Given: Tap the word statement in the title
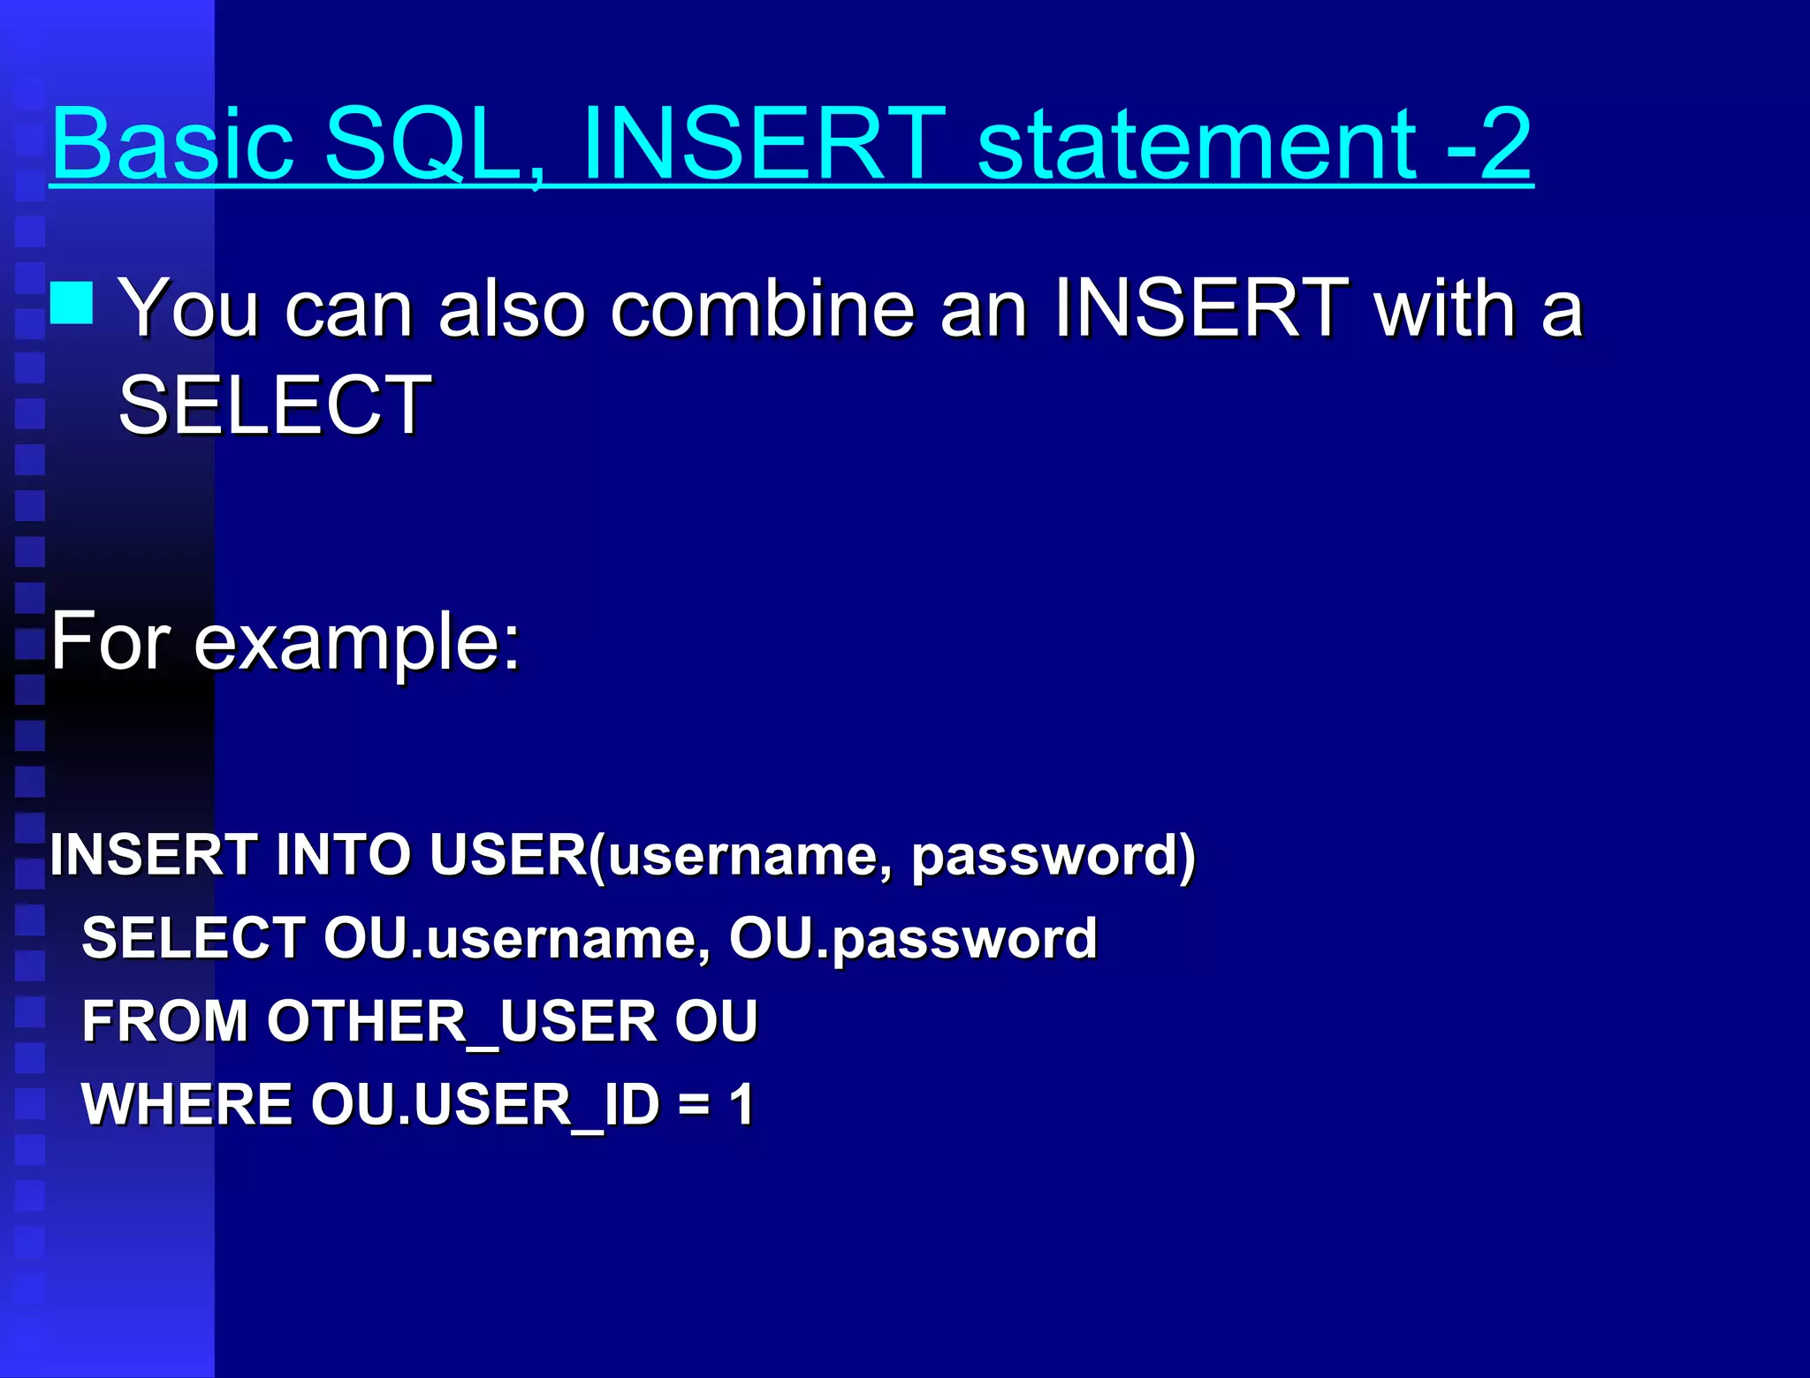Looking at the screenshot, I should coord(1198,143).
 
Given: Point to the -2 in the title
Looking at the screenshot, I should coord(1488,143).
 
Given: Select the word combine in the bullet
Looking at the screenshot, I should coord(762,309).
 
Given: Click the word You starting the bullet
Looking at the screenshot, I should coord(188,309).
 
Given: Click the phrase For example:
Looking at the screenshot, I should coord(285,642).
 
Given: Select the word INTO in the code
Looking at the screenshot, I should coord(343,855).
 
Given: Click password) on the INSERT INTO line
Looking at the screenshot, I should coord(1053,855).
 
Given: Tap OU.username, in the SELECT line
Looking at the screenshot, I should coord(517,938).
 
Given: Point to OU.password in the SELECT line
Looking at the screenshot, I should coord(913,938).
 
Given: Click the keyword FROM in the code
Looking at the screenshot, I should coord(164,1021).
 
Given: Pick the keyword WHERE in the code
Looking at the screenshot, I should coord(186,1104).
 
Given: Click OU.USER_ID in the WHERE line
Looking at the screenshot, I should coord(485,1104).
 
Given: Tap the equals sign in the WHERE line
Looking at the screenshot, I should coord(694,1104).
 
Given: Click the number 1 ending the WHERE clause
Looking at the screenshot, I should coord(741,1104).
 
